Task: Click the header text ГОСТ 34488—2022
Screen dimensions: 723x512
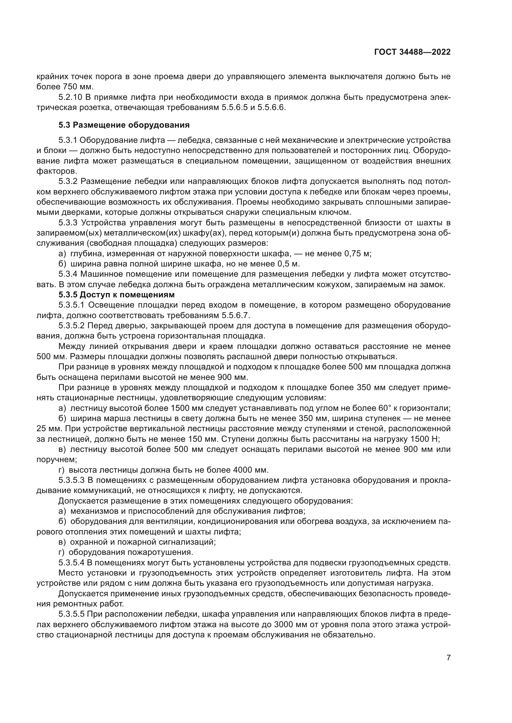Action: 412,52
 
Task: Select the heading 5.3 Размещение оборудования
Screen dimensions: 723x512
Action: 124,125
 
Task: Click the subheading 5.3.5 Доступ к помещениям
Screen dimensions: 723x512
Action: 116,295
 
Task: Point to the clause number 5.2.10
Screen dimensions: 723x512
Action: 70,97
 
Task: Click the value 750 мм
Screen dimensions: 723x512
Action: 78,87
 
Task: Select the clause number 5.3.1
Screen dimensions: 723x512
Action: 67,140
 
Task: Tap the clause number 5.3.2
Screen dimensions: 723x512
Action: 67,181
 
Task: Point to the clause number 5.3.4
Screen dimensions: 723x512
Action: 67,274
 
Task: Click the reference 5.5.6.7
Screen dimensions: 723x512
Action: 236,315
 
